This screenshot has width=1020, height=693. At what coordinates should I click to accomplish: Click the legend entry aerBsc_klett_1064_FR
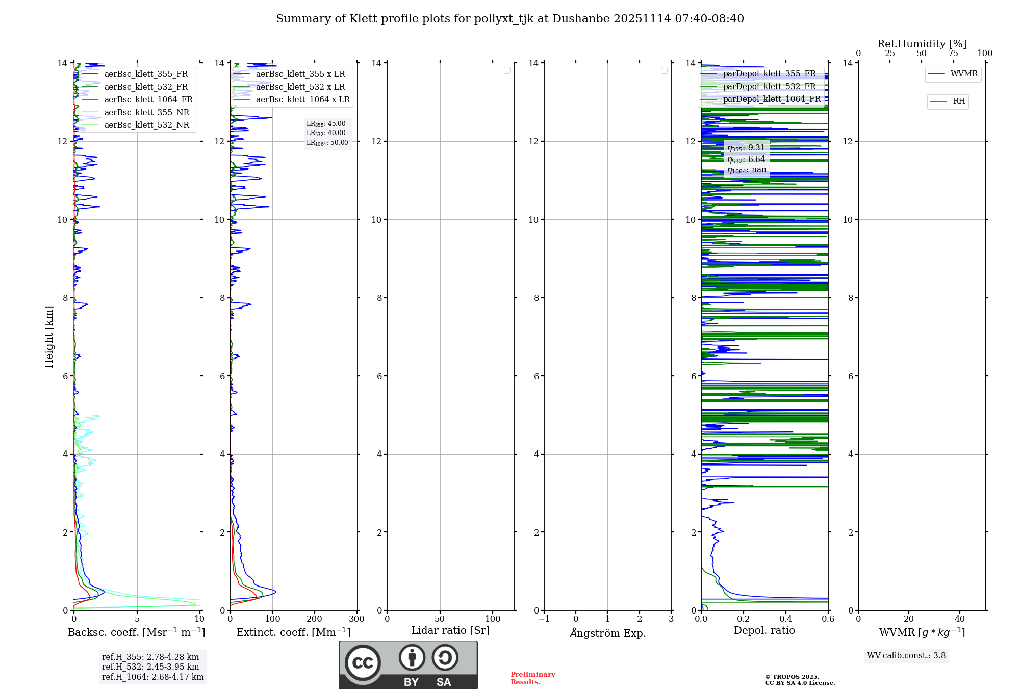click(x=148, y=100)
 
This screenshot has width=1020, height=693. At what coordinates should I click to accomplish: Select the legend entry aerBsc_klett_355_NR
click(x=146, y=113)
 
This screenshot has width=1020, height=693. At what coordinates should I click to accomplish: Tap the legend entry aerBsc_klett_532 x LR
click(x=300, y=87)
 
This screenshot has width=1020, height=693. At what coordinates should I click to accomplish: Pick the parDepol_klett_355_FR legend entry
click(x=769, y=74)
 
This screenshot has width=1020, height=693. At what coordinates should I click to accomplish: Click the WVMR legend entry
click(x=963, y=74)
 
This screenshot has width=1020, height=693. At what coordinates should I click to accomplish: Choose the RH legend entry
click(x=959, y=101)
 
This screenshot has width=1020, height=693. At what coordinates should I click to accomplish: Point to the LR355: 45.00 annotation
click(x=326, y=124)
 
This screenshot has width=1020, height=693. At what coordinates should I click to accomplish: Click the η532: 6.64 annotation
click(x=746, y=159)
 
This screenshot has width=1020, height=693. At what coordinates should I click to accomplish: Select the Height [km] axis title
click(x=49, y=337)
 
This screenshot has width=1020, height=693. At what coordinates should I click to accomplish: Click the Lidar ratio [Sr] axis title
click(x=450, y=631)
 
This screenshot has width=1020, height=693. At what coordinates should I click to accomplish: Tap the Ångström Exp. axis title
click(x=608, y=633)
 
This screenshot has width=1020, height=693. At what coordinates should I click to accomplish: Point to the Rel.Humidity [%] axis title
click(x=922, y=44)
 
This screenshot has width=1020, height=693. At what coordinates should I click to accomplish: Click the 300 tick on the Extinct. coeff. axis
click(x=356, y=619)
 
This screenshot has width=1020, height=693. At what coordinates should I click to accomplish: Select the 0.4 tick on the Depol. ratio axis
click(x=786, y=619)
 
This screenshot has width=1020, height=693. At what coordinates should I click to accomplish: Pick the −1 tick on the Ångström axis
click(x=544, y=619)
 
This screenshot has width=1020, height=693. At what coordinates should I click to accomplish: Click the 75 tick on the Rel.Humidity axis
click(x=953, y=54)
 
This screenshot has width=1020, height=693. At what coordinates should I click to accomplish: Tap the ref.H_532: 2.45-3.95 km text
click(x=150, y=667)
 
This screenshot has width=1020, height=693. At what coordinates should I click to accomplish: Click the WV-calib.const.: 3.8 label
click(x=906, y=656)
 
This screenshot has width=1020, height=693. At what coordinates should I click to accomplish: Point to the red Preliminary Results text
click(x=532, y=678)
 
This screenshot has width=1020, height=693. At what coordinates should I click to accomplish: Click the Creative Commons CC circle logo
click(x=363, y=662)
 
